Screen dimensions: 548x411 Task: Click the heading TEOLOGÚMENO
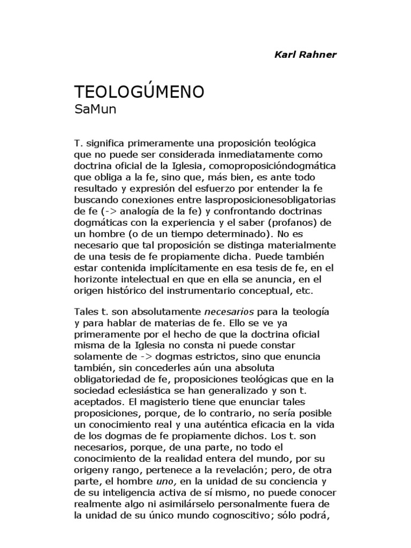pos(139,92)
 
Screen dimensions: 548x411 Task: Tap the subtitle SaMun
pos(95,110)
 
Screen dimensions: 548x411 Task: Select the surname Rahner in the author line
pos(319,55)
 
